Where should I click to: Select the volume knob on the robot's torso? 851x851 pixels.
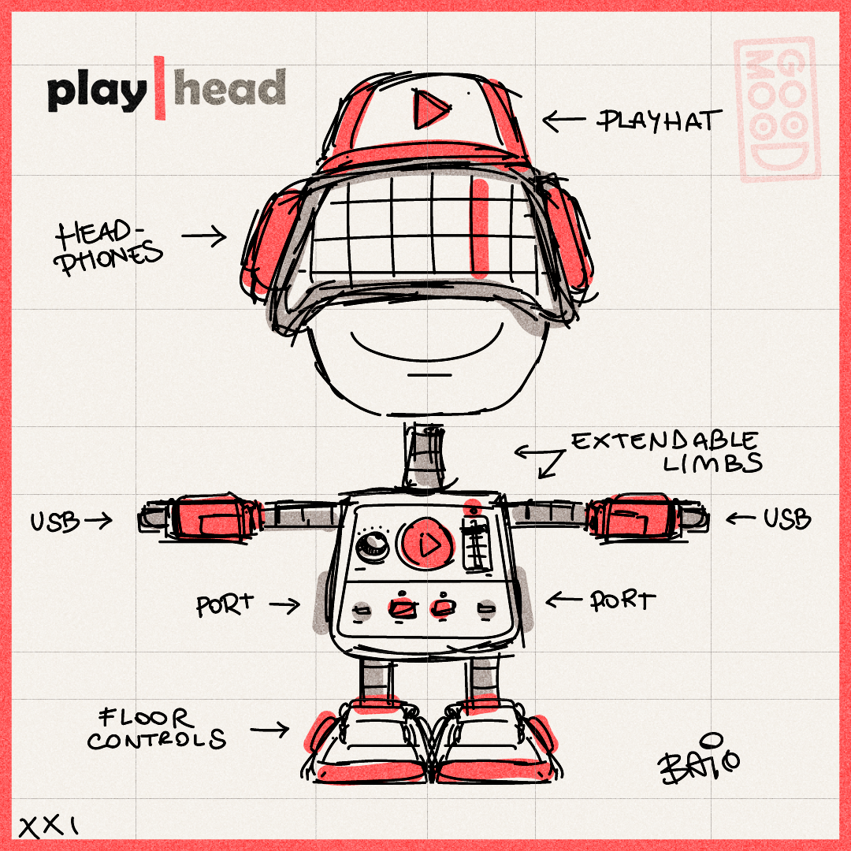[x=369, y=548]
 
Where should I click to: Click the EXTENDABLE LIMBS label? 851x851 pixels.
[x=665, y=452]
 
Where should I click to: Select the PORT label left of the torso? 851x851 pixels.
[x=225, y=605]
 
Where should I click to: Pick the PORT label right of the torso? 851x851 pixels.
[x=623, y=600]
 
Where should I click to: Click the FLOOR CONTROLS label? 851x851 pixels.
[x=155, y=729]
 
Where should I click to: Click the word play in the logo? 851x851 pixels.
[x=96, y=91]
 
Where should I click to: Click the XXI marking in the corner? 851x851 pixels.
[x=49, y=827]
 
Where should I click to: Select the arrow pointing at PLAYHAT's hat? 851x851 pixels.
[x=564, y=121]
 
